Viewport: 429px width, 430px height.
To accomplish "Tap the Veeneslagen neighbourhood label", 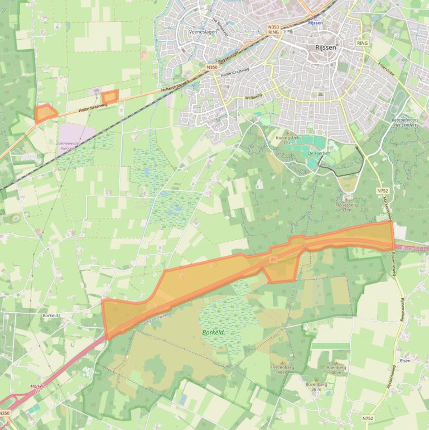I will [201, 32].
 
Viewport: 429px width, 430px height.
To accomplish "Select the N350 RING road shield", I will [273, 29].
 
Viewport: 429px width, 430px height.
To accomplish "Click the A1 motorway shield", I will [273, 260].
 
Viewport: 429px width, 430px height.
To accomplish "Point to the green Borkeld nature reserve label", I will [213, 332].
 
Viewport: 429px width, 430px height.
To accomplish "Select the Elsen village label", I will [405, 361].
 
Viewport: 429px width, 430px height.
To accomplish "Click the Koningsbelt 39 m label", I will [288, 140].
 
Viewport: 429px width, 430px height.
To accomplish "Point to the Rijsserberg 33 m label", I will [346, 207].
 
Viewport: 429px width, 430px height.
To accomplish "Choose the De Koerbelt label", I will [319, 153].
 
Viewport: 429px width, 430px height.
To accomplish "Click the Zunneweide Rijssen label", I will [69, 146].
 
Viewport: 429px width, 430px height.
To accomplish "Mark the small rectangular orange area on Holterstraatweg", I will [110, 97].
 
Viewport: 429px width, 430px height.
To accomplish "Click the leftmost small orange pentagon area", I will [45, 113].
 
